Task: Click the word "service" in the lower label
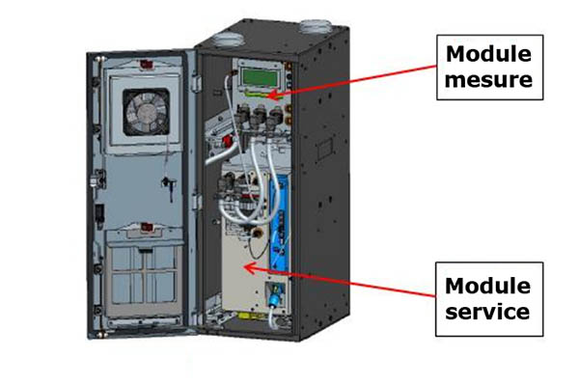pos(487,311)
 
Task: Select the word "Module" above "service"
pos(487,287)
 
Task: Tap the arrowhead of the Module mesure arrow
pos(275,96)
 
